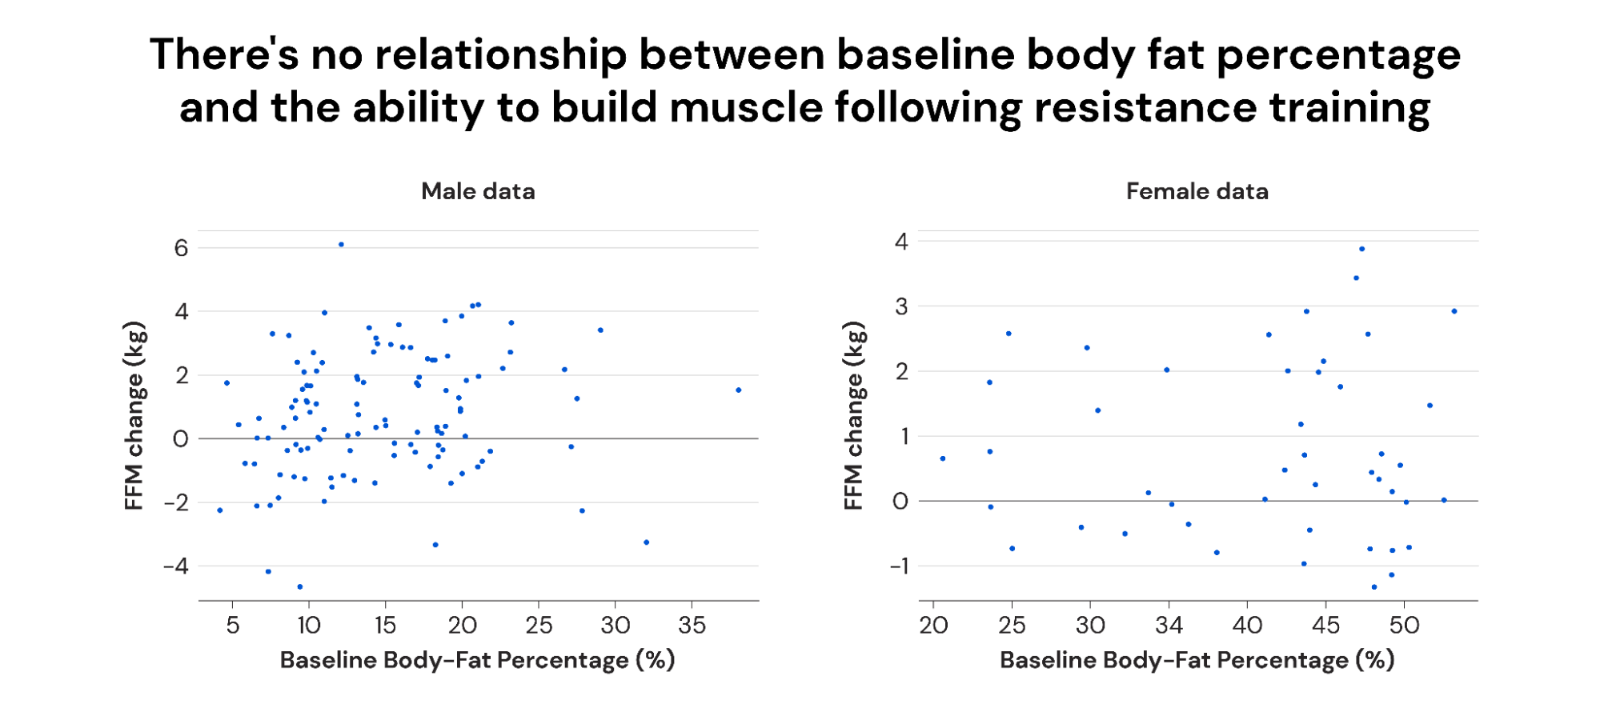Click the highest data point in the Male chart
[341, 245]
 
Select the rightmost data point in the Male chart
[738, 390]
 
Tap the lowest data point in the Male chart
[300, 586]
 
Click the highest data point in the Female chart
[1361, 250]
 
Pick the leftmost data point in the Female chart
[943, 458]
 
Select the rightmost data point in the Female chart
[1454, 311]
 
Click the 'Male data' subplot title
[478, 191]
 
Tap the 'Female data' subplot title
[1197, 191]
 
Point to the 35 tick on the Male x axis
[692, 626]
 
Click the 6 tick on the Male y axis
[181, 248]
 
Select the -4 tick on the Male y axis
[176, 566]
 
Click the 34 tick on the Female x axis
[1169, 626]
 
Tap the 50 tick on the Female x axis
[1404, 626]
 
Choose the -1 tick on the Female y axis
[899, 566]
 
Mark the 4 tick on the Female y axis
[901, 242]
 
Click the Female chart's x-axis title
[1197, 661]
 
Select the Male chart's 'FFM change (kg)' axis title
[134, 416]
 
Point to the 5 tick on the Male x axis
[233, 626]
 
